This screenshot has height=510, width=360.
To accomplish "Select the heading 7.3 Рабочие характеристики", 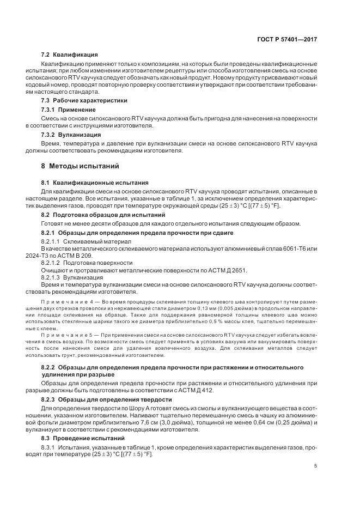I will pyautogui.click(x=84, y=101).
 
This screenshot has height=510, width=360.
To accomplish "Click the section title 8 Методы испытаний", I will pyautogui.click(x=80, y=166).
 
